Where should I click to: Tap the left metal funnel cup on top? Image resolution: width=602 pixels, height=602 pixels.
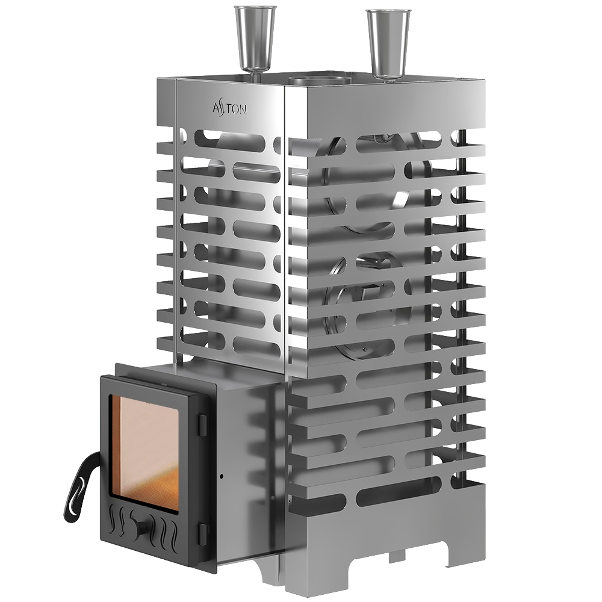tap(255, 37)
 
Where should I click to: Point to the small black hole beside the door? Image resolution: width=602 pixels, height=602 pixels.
tap(222, 477)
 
